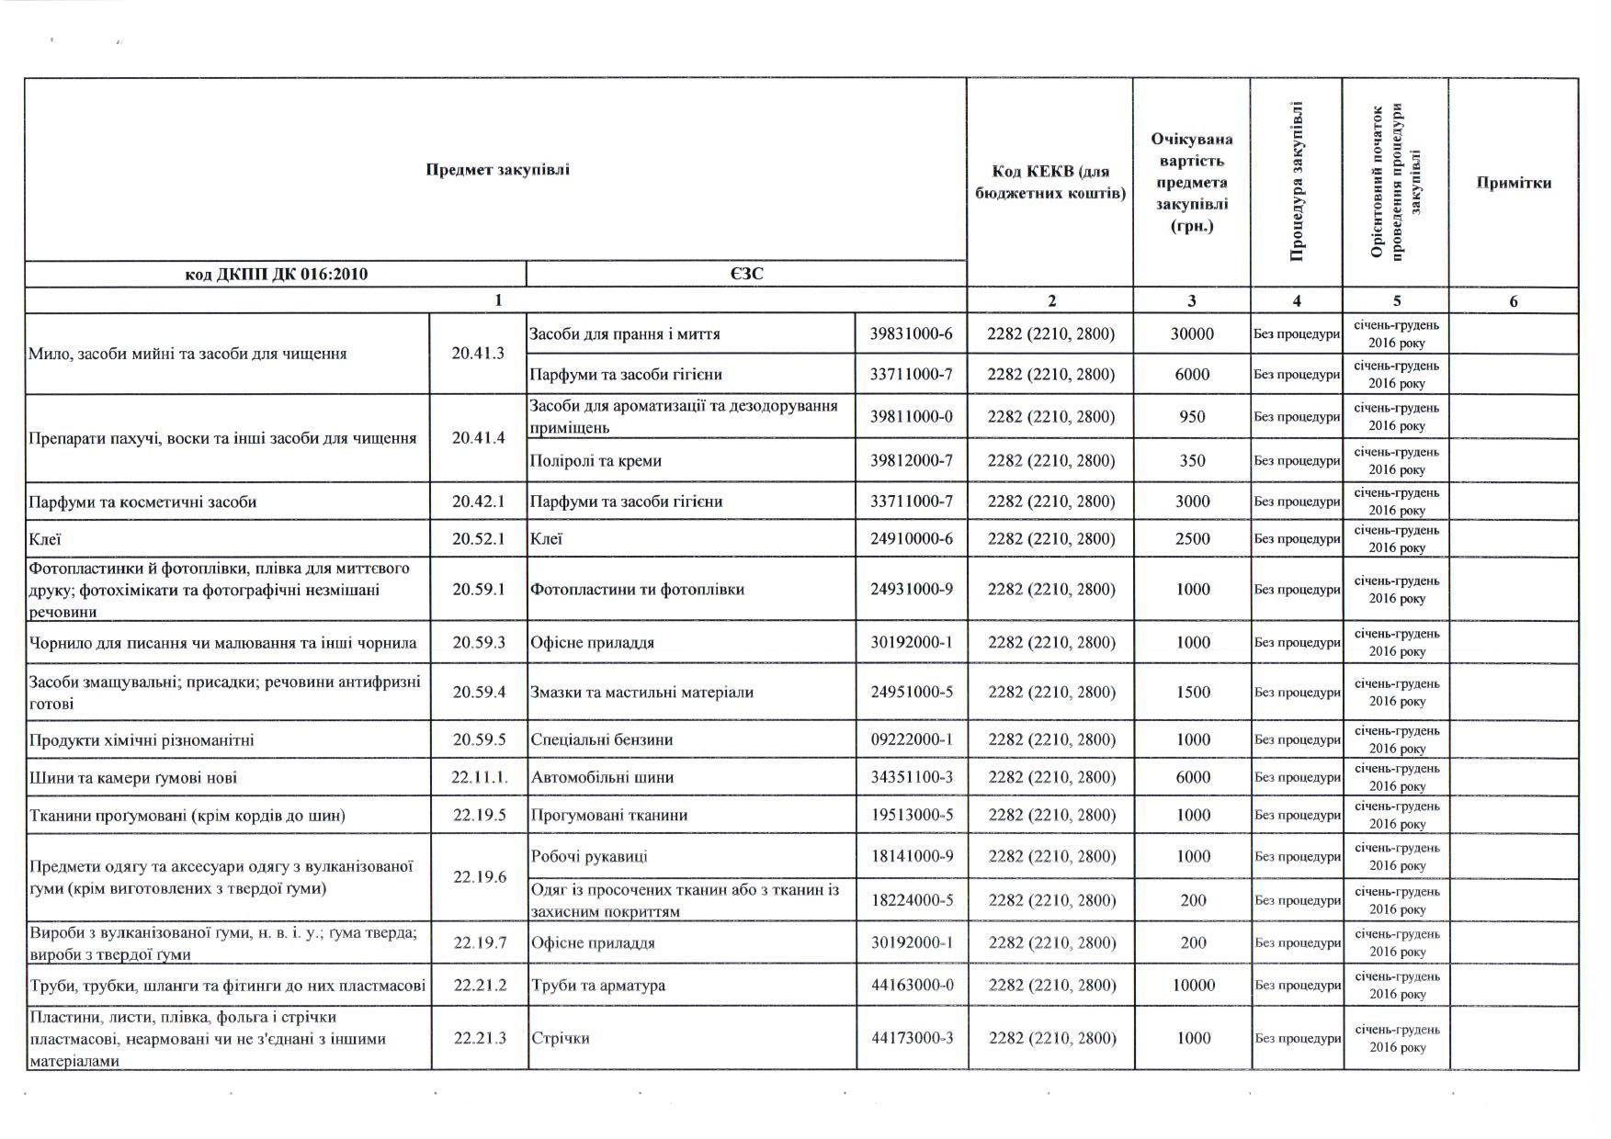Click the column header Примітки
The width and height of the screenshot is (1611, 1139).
point(1513,183)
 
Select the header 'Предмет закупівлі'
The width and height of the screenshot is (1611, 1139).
point(497,169)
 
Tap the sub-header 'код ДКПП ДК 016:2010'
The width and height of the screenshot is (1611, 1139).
point(277,274)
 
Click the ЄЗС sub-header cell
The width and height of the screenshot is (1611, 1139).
point(746,274)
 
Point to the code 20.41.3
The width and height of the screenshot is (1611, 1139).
point(478,353)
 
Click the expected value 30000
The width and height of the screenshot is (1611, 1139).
point(1192,334)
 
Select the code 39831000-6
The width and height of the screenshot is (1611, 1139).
point(911,334)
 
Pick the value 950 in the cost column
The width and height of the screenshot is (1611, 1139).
point(1192,417)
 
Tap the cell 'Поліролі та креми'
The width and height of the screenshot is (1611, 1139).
point(596,461)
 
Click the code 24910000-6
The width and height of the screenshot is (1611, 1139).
point(911,539)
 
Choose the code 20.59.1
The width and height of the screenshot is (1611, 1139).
point(479,590)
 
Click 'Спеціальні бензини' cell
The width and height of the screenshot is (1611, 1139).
point(601,740)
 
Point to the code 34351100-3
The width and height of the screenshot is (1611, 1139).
point(911,778)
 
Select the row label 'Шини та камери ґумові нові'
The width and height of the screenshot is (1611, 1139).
point(133,778)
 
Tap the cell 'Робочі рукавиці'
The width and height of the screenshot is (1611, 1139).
point(589,857)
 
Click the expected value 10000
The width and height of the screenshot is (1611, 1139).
point(1193,986)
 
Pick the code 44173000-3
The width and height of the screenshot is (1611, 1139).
point(912,1039)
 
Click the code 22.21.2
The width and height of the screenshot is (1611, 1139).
point(480,986)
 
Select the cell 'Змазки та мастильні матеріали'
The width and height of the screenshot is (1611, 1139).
point(641,693)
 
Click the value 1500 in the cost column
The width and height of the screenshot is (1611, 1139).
point(1193,693)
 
